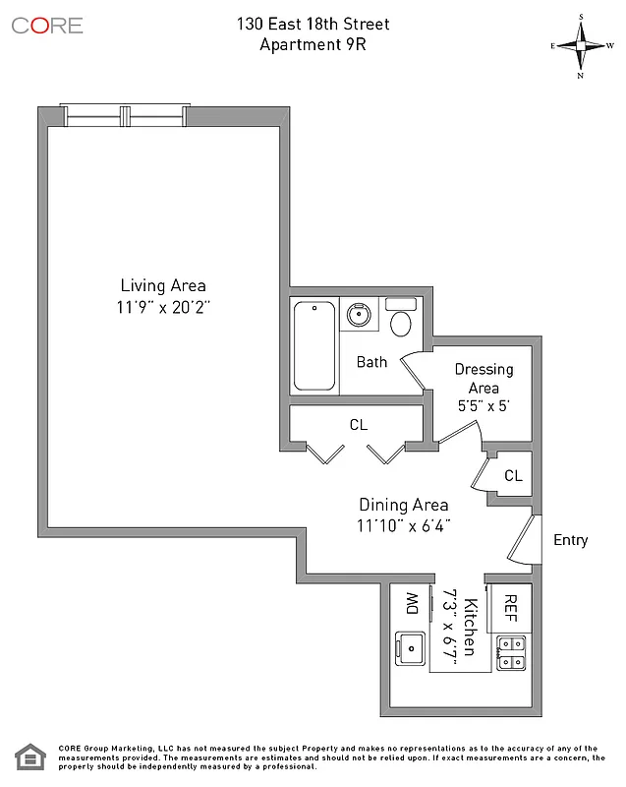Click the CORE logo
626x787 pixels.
click(47, 26)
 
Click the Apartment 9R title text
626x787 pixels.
click(312, 43)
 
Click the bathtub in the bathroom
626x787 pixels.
click(314, 346)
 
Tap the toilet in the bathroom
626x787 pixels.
click(401, 319)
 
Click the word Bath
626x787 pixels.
click(371, 362)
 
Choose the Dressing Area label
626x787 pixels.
click(484, 379)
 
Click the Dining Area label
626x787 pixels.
click(403, 504)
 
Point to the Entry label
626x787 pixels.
click(571, 540)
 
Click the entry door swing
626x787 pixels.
click(525, 540)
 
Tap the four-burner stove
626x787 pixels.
click(511, 653)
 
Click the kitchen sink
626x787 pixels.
click(410, 649)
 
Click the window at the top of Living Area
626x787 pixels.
click(123, 115)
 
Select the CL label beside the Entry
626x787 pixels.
click(513, 476)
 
